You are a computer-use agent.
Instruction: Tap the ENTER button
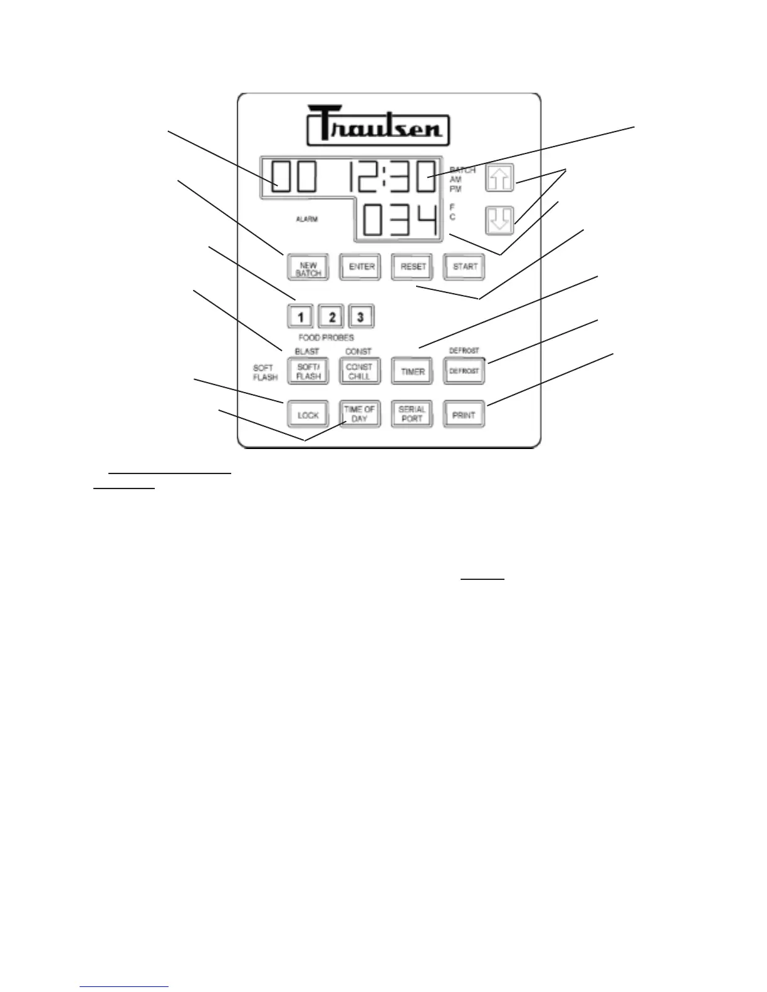pyautogui.click(x=360, y=267)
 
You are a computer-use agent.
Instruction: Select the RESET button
pyautogui.click(x=412, y=267)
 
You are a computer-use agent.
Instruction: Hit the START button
pyautogui.click(x=464, y=267)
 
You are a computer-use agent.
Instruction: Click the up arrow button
pyautogui.click(x=499, y=178)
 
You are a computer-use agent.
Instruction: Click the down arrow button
pyautogui.click(x=499, y=220)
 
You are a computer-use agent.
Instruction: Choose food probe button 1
pyautogui.click(x=301, y=317)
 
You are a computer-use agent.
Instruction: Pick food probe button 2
pyautogui.click(x=331, y=317)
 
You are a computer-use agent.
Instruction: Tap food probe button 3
pyautogui.click(x=360, y=317)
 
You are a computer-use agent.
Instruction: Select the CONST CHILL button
pyautogui.click(x=359, y=371)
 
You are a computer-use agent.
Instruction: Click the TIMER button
pyautogui.click(x=412, y=371)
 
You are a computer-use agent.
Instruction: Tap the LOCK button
pyautogui.click(x=308, y=415)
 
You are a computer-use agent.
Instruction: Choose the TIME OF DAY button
pyautogui.click(x=360, y=414)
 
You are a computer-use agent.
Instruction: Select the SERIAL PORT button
pyautogui.click(x=412, y=414)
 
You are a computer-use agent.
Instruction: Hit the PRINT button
pyautogui.click(x=464, y=415)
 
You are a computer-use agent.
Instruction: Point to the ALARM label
pyautogui.click(x=307, y=219)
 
